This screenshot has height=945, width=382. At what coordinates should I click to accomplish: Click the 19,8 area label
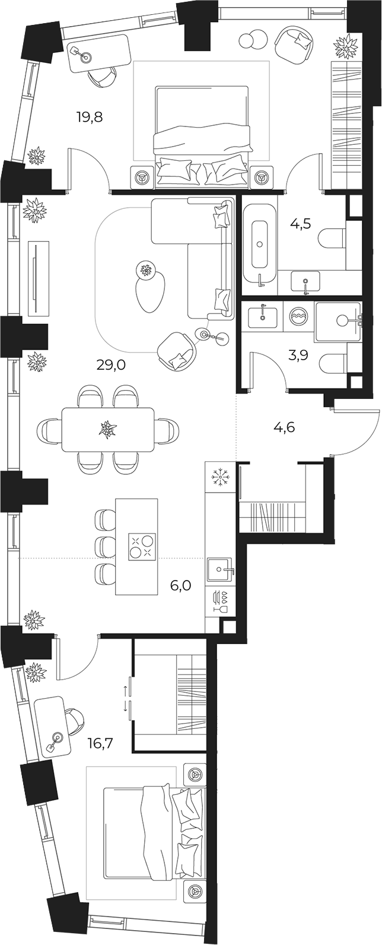pyautogui.click(x=90, y=116)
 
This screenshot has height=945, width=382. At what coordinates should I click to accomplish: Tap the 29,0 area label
pyautogui.click(x=111, y=364)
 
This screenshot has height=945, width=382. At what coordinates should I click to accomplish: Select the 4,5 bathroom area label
pyautogui.click(x=301, y=223)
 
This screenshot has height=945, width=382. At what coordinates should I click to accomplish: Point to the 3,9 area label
pyautogui.click(x=298, y=355)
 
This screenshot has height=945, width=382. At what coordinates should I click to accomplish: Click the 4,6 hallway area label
pyautogui.click(x=284, y=427)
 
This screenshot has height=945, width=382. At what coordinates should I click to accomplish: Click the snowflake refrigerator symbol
pyautogui.click(x=219, y=477)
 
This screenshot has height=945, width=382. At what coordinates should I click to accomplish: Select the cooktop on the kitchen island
pyautogui.click(x=142, y=546)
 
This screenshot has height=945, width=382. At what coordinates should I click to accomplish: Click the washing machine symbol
pyautogui.click(x=298, y=316)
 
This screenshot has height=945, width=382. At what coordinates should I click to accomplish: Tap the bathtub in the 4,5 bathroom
pyautogui.click(x=260, y=244)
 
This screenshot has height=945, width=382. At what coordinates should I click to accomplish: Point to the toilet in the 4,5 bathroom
pyautogui.click(x=333, y=239)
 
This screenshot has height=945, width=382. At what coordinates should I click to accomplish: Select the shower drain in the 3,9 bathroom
pyautogui.click(x=342, y=320)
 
